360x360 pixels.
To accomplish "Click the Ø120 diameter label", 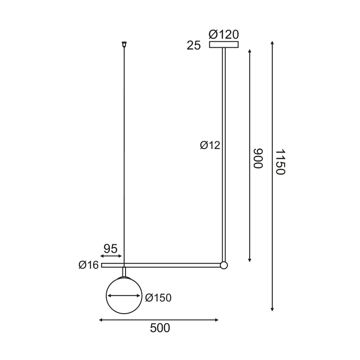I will tap(224, 34).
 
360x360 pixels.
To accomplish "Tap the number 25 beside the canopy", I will tap(193, 45).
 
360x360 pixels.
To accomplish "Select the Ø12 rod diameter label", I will tap(210, 145).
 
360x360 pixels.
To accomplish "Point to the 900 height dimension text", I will tap(257, 158).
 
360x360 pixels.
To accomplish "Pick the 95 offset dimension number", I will tap(110, 248).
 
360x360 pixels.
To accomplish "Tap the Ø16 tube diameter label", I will tap(88, 265).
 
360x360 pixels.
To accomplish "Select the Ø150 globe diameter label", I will tap(158, 297).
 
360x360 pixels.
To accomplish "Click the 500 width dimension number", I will tap(160, 328).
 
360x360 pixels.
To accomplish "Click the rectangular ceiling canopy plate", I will tap(224, 44).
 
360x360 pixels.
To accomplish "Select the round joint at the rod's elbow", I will tap(224, 265).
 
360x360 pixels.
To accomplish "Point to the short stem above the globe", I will tap(124, 272).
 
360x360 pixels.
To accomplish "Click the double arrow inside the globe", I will tap(124, 296).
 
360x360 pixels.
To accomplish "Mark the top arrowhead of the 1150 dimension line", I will tap(273, 43).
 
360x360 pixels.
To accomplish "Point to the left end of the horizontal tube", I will tap(103, 265).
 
